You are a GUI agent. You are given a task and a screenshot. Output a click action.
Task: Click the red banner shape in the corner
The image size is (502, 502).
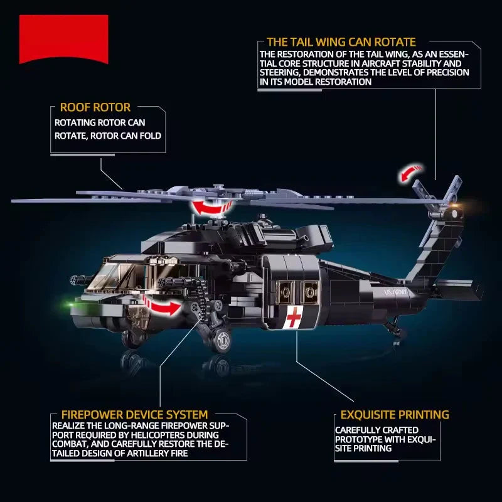click(x=63, y=38)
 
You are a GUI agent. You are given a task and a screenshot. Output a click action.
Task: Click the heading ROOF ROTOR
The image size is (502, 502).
click(x=95, y=107)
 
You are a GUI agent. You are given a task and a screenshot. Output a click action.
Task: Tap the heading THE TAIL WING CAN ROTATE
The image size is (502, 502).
click(x=341, y=42)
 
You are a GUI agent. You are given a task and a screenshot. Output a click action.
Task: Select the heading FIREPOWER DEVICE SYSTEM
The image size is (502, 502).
click(x=134, y=415)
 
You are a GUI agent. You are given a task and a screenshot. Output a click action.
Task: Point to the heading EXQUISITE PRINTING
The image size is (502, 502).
click(x=395, y=415)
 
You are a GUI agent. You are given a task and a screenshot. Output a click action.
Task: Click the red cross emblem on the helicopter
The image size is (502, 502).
click(x=293, y=317)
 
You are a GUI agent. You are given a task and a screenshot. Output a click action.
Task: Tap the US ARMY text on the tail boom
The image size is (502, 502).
click(x=396, y=292)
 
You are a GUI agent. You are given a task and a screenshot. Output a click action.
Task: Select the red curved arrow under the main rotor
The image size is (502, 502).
click(x=211, y=209)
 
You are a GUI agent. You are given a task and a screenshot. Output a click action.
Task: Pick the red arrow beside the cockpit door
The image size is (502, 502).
click(x=163, y=306)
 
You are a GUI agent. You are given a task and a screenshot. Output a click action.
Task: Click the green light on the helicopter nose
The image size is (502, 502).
click(x=71, y=304)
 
